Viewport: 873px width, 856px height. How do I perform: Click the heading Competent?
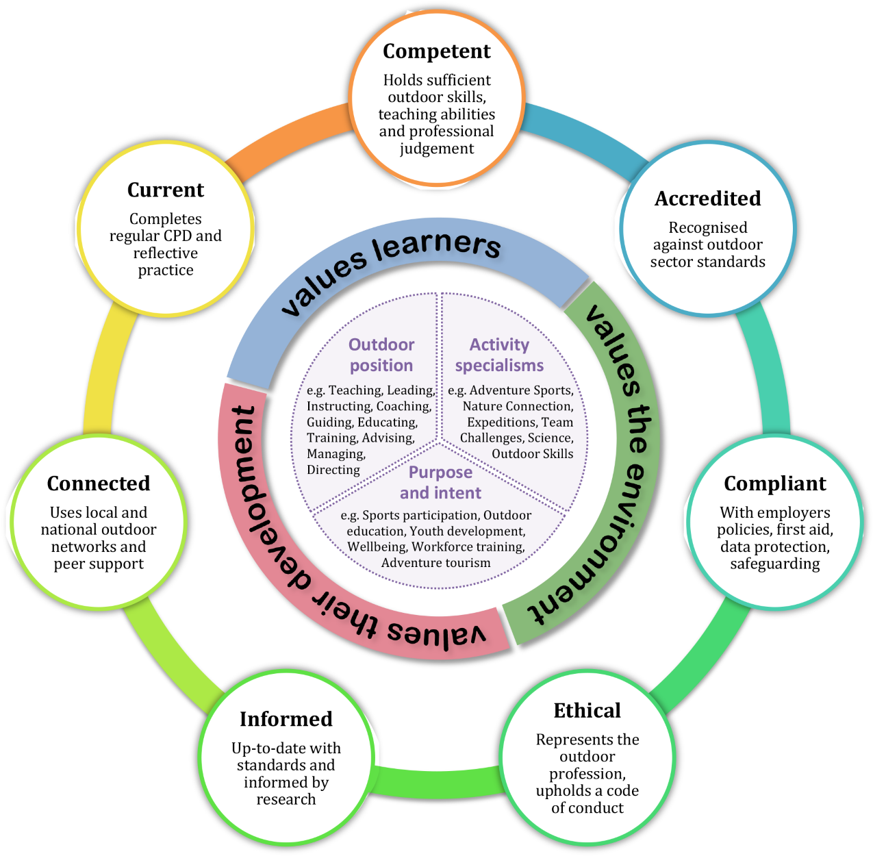(436, 51)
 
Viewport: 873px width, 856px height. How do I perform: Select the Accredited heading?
(707, 199)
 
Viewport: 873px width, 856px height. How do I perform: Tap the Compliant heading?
(774, 484)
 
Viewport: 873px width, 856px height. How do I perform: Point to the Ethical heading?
(587, 710)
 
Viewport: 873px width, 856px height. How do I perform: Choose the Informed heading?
(286, 718)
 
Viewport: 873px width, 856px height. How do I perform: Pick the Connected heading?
(99, 483)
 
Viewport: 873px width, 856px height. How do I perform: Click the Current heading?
(166, 190)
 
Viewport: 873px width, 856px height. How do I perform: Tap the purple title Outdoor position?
(381, 355)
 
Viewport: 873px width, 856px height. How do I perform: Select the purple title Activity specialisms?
(498, 355)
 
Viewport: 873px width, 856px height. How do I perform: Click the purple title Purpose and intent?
(440, 482)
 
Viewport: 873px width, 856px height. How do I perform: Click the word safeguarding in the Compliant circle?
(774, 564)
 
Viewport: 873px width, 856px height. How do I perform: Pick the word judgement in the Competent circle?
(436, 149)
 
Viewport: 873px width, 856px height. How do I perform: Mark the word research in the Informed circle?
(286, 799)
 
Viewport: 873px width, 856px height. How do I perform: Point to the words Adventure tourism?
(435, 563)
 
